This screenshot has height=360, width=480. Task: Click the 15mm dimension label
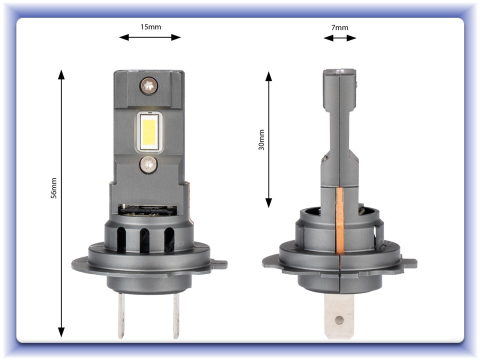tap(150, 27)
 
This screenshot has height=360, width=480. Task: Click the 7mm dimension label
tap(340, 27)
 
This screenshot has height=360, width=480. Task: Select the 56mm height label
tap(54, 188)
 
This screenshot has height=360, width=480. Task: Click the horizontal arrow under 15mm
tap(150, 37)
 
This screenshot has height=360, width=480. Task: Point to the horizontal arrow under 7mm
tap(340, 38)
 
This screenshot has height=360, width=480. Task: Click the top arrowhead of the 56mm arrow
tap(61, 75)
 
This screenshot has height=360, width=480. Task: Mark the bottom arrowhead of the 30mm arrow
tap(268, 202)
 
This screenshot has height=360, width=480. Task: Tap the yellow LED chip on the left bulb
tap(149, 131)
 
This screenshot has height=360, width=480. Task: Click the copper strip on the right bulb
tap(340, 220)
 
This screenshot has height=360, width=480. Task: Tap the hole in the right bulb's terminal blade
tap(339, 319)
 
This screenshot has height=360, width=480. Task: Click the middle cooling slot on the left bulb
tap(145, 239)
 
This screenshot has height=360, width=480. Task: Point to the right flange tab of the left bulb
tap(218, 262)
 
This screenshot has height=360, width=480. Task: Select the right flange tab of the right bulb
tap(409, 262)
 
